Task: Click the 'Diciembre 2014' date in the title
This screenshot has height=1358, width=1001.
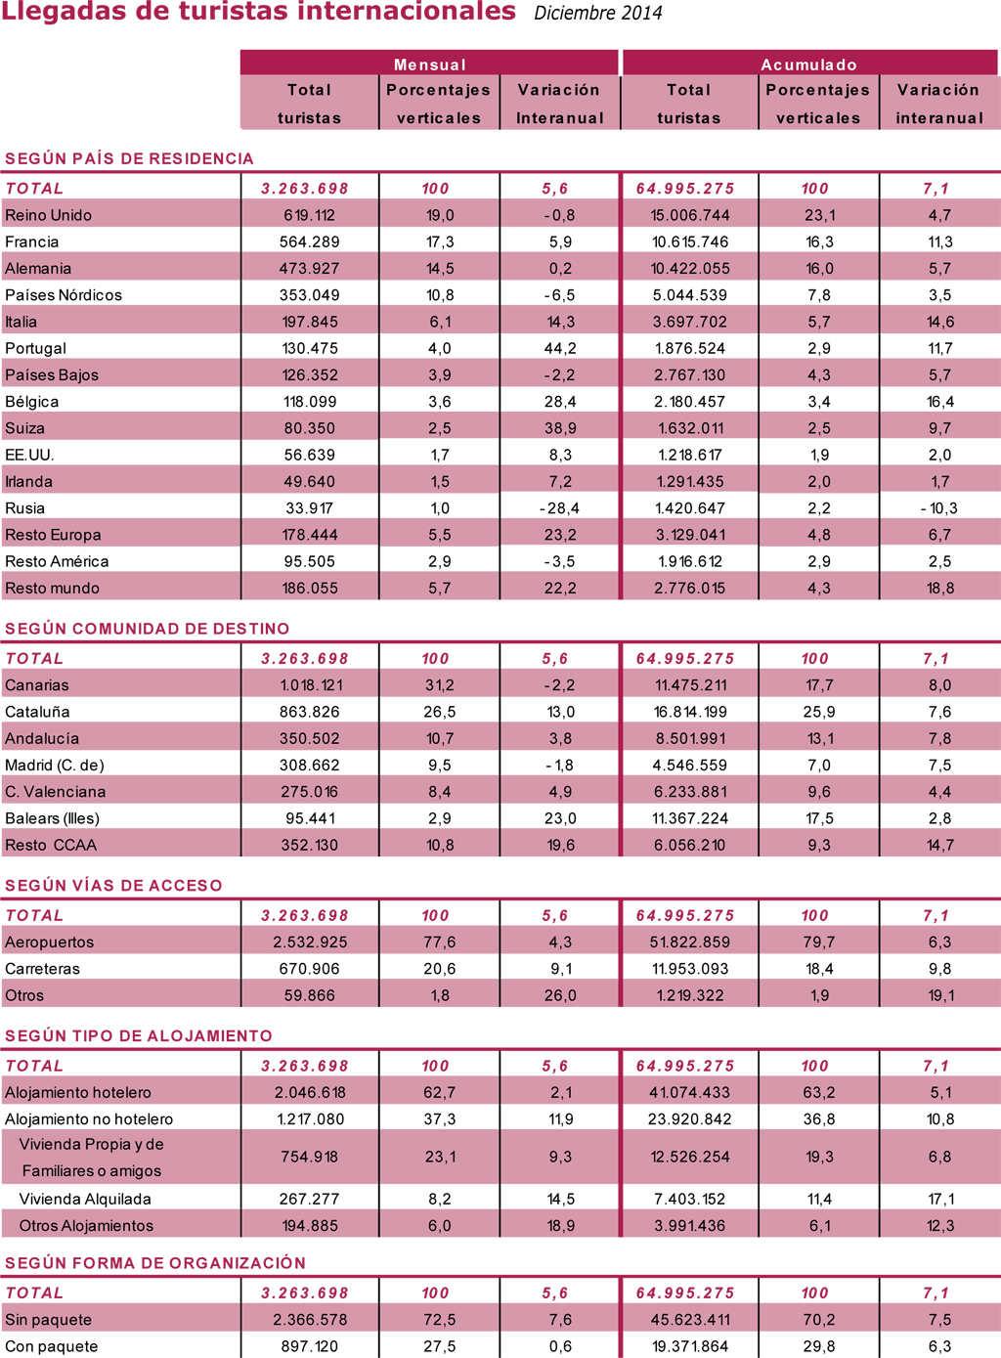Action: (598, 13)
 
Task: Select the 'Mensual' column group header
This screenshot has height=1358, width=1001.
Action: (430, 65)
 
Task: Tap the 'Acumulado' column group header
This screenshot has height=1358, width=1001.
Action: (808, 65)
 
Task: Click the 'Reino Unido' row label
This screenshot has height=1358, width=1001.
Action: (48, 215)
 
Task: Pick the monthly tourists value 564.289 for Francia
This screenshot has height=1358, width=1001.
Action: (309, 241)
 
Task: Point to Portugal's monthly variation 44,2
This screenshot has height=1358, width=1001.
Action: (560, 349)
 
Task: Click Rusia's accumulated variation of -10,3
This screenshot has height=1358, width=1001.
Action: (938, 508)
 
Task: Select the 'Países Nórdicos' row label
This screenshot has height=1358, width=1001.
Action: (64, 295)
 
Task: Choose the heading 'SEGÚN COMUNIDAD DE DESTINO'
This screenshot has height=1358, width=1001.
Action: (148, 628)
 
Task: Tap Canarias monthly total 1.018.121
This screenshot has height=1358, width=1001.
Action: (311, 685)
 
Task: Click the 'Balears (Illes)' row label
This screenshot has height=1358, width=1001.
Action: (52, 818)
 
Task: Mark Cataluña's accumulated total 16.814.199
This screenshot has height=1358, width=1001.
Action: (690, 712)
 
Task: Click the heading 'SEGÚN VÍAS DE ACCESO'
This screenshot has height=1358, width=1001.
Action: (113, 885)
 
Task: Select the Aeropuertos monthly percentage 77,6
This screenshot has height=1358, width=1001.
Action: (440, 942)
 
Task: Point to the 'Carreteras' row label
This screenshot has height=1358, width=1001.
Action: (42, 969)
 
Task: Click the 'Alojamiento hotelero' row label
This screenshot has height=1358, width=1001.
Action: (77, 1092)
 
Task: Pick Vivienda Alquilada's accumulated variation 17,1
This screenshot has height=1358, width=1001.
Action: (939, 1200)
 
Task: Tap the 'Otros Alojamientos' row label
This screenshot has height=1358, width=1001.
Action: (86, 1226)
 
